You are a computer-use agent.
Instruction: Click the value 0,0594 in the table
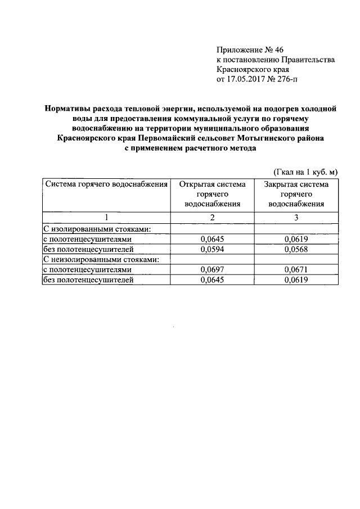coord(212,249)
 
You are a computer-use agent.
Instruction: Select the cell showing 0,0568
coord(296,249)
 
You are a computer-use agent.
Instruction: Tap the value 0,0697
coord(212,270)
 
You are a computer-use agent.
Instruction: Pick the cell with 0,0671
coord(296,270)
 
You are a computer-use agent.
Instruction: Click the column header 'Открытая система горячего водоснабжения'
coord(212,194)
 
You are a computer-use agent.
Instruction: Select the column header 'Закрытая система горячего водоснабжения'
coord(296,194)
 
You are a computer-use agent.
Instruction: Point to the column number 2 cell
coord(212,217)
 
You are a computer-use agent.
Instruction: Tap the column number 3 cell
coord(296,217)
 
